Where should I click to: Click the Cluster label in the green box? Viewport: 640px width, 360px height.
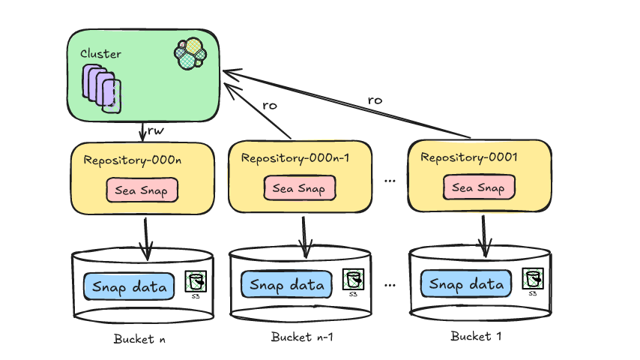point(101,54)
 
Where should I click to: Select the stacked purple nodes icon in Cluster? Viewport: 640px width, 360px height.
point(102,88)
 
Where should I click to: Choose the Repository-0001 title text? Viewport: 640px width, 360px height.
point(469,157)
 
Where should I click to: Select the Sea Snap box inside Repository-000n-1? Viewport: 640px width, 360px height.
point(298,188)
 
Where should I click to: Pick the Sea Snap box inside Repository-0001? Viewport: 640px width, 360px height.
point(478,187)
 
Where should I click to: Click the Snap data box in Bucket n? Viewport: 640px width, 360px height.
point(129,285)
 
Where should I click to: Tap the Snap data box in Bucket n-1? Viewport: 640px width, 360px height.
point(287,284)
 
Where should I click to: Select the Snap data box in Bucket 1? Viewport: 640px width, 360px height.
point(466,283)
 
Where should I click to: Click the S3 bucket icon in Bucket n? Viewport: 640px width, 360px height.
point(196,283)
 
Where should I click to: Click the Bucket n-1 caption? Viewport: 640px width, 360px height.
point(302,337)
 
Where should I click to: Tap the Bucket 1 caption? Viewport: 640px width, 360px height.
point(476,335)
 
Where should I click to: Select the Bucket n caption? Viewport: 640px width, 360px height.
point(139,338)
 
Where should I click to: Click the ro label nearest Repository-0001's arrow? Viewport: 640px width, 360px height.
point(375,100)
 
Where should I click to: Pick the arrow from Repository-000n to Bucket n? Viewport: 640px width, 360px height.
point(146,234)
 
